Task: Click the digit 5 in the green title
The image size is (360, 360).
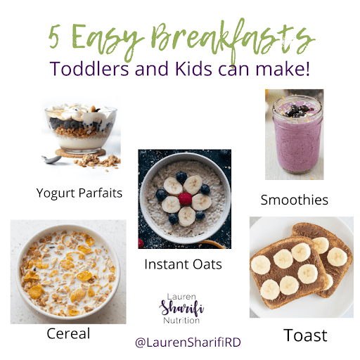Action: tap(54, 36)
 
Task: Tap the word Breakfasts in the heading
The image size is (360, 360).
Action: tap(233, 40)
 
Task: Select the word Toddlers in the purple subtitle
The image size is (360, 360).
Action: tap(89, 69)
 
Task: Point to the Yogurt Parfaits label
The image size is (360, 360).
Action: tap(79, 193)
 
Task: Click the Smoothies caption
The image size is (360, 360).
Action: tap(295, 200)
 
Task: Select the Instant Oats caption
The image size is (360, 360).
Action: tap(183, 264)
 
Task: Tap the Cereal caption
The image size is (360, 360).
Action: tap(68, 333)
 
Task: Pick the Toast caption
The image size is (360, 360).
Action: tap(305, 335)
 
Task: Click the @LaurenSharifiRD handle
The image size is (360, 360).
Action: tap(188, 342)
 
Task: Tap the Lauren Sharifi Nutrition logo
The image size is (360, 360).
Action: tap(181, 309)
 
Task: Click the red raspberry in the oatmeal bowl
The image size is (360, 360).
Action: tap(185, 199)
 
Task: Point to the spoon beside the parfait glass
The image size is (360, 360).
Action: tap(51, 160)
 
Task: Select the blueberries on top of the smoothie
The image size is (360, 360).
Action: tap(297, 110)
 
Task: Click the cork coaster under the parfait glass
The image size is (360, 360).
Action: tap(80, 153)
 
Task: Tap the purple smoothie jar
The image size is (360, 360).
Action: tap(297, 135)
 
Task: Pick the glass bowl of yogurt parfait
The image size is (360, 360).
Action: tap(81, 129)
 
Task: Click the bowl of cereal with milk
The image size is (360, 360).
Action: tap(68, 272)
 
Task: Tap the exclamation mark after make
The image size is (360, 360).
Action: tap(307, 69)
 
